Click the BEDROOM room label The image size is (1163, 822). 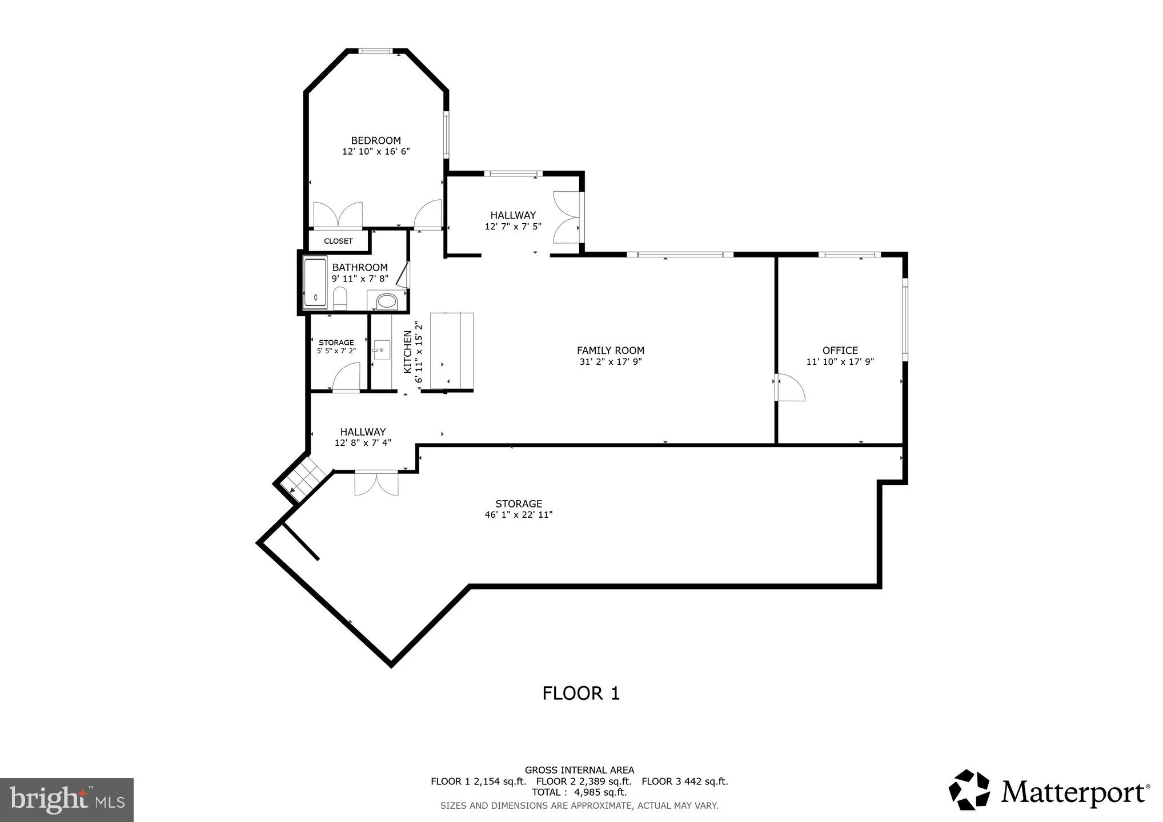pos(375,140)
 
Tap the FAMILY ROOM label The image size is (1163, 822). pos(610,350)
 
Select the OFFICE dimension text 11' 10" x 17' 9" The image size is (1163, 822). pos(840,362)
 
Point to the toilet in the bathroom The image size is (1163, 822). pos(340,299)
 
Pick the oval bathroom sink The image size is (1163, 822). pos(387,301)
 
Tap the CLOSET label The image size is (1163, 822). pos(338,241)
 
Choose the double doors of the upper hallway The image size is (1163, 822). pos(566,219)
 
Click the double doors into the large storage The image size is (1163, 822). pos(376,483)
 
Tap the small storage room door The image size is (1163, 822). pos(346,380)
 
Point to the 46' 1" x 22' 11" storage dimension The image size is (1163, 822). pos(518,515)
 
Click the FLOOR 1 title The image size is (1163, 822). pos(580,694)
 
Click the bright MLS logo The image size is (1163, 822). pos(67,799)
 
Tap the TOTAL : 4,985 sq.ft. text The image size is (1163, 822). pos(579,792)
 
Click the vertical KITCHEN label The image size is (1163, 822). pos(408,352)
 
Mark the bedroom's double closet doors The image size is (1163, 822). pos(338,215)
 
